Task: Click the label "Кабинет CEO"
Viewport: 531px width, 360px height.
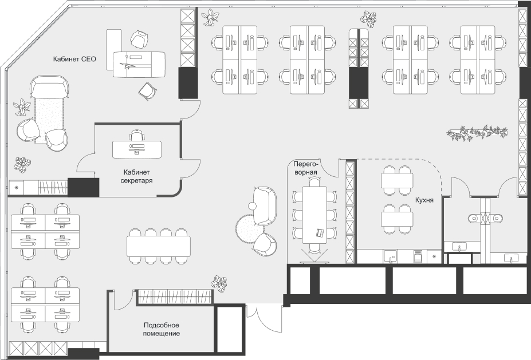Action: tap(74, 59)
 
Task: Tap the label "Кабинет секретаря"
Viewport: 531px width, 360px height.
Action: tap(136, 176)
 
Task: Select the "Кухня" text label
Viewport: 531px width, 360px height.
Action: tap(424, 200)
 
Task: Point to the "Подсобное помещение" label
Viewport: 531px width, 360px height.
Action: tap(161, 330)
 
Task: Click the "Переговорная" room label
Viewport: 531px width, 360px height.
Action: tap(305, 168)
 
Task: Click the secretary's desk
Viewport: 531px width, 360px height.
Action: tap(137, 149)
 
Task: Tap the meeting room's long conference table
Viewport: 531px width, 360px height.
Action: tap(315, 215)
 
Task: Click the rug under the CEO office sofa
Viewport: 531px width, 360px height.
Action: tap(49, 118)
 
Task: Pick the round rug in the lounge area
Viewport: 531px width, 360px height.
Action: tap(249, 228)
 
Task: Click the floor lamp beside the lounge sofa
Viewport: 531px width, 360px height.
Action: tap(253, 205)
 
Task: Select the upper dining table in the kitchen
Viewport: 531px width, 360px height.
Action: tap(397, 180)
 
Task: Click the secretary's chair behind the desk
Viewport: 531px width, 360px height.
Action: tap(136, 135)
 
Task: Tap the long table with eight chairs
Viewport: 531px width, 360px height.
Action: tap(159, 246)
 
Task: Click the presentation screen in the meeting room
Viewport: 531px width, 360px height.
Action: tap(315, 262)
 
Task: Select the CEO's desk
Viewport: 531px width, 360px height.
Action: tap(139, 64)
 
